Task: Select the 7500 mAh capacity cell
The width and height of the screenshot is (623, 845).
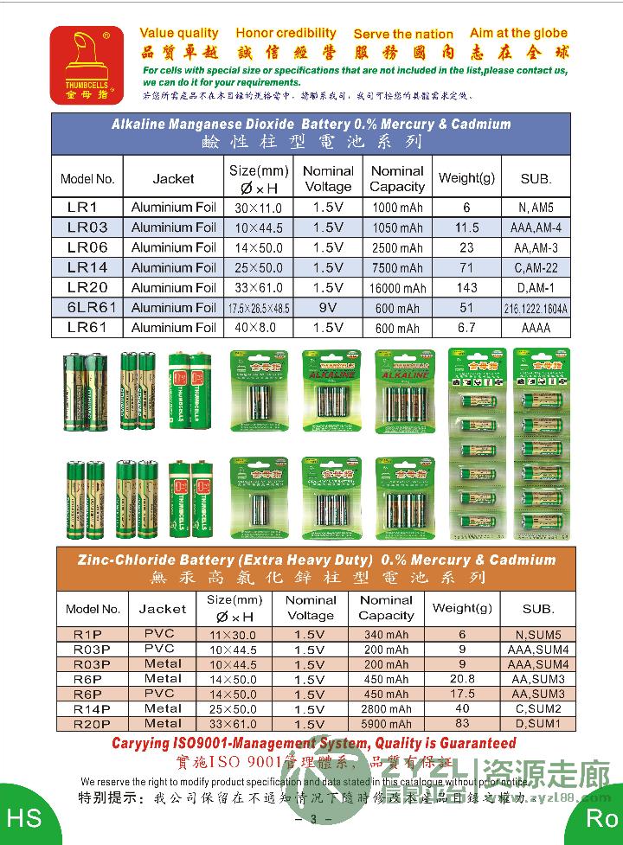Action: click(x=398, y=268)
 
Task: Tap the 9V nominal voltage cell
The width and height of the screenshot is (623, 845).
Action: click(x=328, y=308)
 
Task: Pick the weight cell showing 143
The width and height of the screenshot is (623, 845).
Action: click(x=466, y=288)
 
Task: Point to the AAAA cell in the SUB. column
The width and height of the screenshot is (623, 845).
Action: click(x=536, y=328)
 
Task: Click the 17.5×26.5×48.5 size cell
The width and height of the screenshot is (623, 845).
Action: click(x=259, y=308)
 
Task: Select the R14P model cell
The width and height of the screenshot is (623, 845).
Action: click(x=92, y=708)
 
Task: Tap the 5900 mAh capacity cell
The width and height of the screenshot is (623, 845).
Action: click(x=386, y=724)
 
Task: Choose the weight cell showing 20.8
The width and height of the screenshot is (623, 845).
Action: click(x=462, y=679)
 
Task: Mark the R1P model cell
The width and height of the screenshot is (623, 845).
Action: click(x=92, y=634)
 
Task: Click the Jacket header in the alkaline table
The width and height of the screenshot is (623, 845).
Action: click(x=173, y=179)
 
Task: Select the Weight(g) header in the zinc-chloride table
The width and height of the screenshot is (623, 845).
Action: click(x=462, y=608)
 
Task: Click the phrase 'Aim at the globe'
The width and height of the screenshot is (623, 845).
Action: click(x=519, y=33)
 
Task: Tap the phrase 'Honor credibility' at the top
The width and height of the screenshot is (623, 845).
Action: click(x=286, y=33)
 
